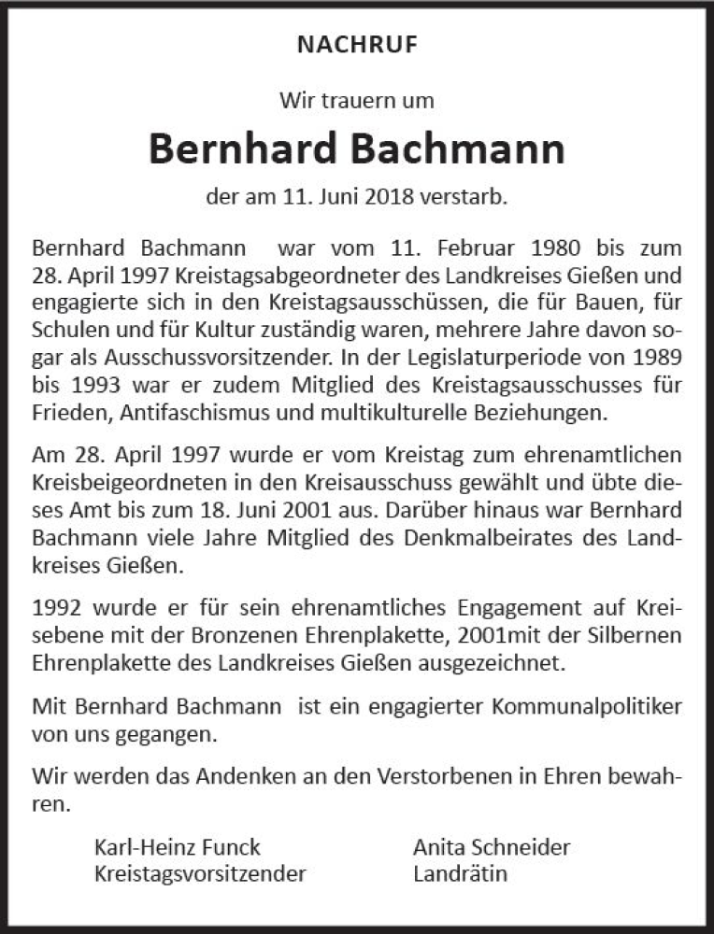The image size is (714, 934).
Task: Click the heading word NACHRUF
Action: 357,43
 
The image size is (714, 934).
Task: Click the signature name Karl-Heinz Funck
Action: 178,848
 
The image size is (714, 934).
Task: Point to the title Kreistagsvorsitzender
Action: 200,874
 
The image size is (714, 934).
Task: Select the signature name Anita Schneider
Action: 492,848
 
